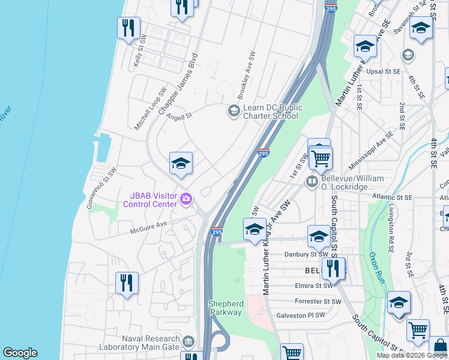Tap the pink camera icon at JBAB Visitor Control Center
click(187, 199)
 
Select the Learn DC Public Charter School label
click(271, 112)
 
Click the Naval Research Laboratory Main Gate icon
click(188, 342)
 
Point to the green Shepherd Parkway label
click(226, 308)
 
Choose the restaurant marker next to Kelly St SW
click(128, 28)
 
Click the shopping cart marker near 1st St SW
click(321, 158)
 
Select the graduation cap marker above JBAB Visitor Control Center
click(181, 164)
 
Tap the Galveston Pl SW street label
click(300, 315)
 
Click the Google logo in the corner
click(20, 353)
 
